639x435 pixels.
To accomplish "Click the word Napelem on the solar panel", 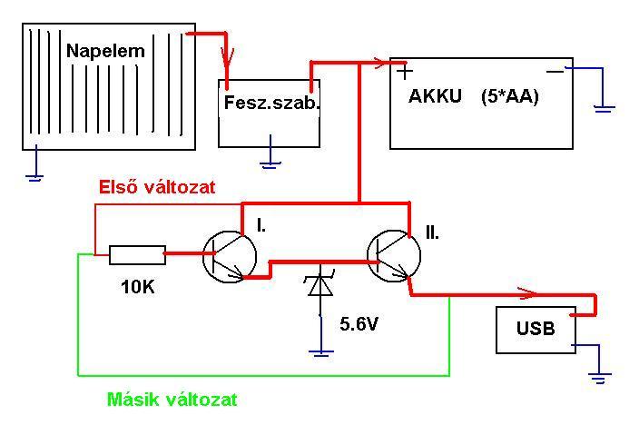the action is click(105, 51).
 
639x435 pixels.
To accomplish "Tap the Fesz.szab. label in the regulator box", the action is click(271, 102).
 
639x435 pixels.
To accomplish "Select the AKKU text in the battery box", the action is click(435, 96).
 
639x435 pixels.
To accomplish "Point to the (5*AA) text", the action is click(510, 96).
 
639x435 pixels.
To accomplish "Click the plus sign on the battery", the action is click(405, 72).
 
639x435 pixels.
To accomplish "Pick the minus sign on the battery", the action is click(555, 72).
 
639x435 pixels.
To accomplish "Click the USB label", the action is click(536, 328).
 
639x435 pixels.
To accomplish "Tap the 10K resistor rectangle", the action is click(137, 255).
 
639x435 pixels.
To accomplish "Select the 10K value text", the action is click(138, 287).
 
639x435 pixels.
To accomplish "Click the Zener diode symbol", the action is click(320, 282).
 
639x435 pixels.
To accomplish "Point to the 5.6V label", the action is click(359, 324).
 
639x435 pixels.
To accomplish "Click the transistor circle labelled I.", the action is click(230, 256).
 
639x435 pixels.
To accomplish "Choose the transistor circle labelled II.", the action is click(394, 256).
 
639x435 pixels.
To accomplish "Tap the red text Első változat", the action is click(157, 187).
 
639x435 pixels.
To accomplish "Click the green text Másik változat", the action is click(172, 399).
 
